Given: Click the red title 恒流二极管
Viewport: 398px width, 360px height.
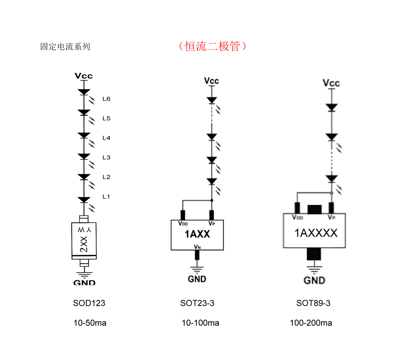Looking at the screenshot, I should point(212,46).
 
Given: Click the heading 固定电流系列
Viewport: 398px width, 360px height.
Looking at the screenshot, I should point(65,46).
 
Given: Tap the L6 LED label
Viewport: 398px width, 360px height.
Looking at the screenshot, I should point(106,99).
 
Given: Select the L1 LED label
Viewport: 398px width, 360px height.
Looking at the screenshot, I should point(106,197).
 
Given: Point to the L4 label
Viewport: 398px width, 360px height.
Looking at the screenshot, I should point(106,138).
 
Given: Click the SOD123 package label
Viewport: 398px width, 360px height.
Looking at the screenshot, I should point(89,303).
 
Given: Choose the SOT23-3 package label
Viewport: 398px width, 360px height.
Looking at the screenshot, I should point(197,303).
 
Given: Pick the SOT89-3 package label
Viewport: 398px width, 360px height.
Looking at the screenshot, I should point(313,303).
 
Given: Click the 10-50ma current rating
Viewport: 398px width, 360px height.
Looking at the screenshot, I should point(90,323).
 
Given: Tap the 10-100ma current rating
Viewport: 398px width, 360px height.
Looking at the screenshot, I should point(200,323).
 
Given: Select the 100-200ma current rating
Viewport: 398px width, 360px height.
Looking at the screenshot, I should point(311,323).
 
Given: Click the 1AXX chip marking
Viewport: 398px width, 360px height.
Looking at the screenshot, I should point(197,234).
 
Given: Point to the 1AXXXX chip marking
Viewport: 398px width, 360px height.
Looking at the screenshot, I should point(316,233).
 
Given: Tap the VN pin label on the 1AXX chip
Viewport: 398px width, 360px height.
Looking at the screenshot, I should point(197,247).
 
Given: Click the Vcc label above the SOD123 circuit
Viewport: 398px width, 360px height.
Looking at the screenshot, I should point(83,76).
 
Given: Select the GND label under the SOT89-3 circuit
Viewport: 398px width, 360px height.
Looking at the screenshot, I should point(314,280).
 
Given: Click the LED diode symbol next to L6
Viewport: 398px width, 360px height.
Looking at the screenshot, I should point(84,92).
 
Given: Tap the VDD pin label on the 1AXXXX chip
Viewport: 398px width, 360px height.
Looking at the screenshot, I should point(297,217).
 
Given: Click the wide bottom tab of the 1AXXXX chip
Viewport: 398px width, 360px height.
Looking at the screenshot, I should point(314,254).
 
